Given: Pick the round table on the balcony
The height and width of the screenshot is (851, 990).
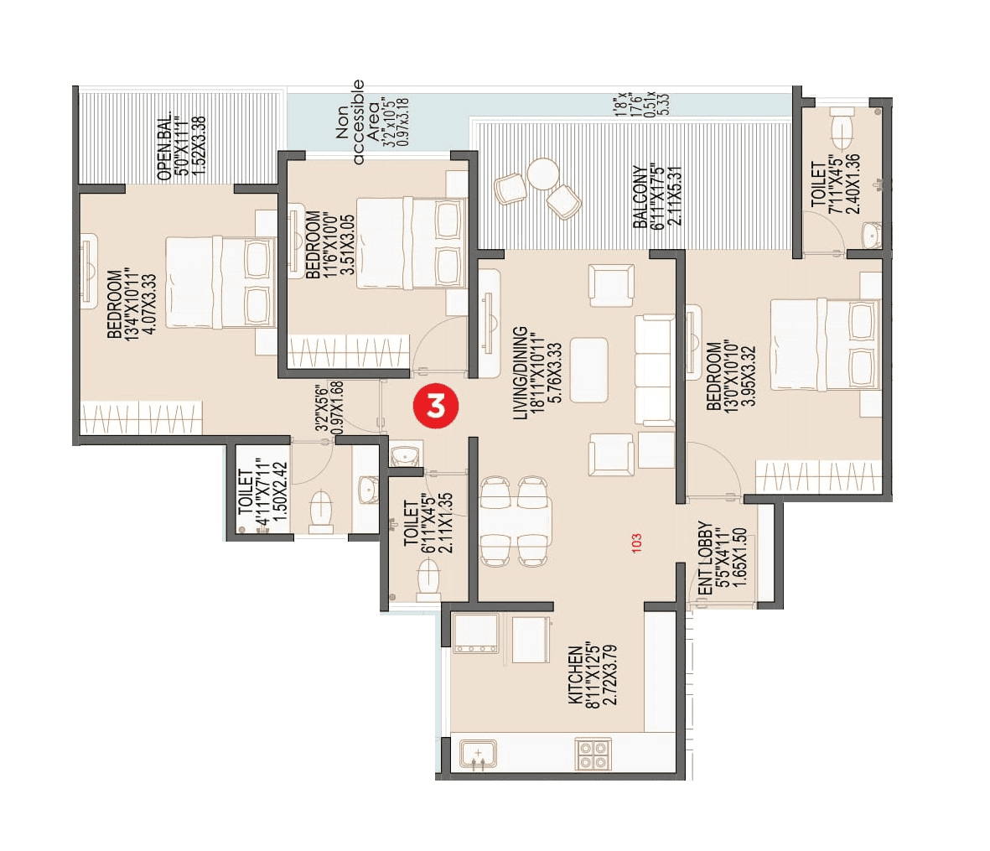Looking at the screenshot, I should tap(542, 174).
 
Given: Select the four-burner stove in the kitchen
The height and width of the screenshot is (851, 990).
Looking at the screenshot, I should tap(593, 754).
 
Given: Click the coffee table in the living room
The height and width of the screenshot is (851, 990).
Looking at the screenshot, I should tap(589, 370).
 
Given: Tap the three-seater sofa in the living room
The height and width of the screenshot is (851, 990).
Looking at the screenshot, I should tap(654, 370).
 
